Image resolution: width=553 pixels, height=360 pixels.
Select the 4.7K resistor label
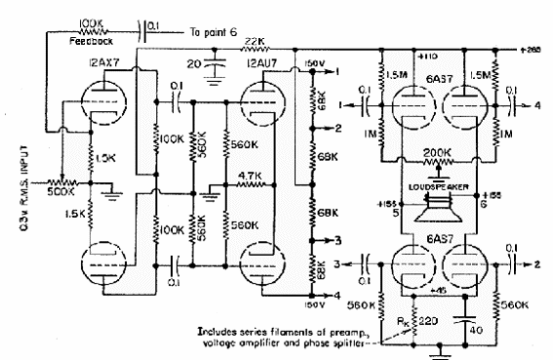click(x=246, y=178)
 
